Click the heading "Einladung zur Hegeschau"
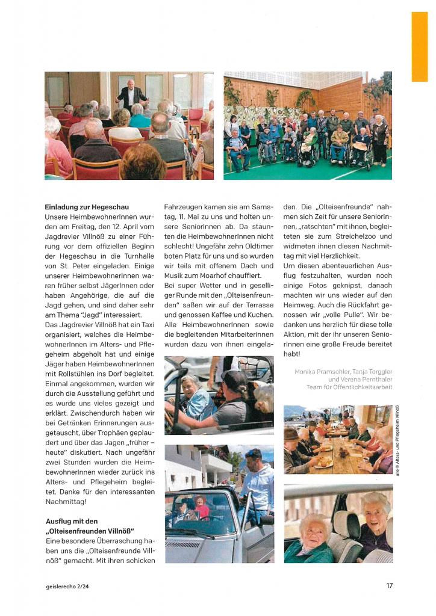87,208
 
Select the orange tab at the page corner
419,46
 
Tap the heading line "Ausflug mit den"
72,521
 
